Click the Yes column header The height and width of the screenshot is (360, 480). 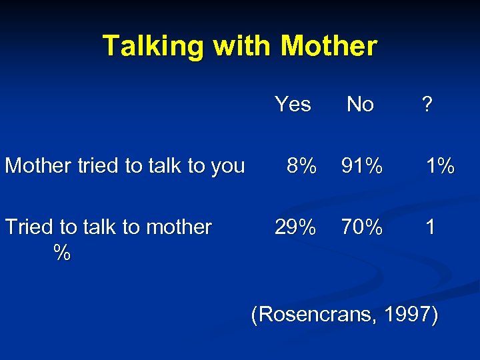point(293,104)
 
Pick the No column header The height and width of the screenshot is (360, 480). point(360,104)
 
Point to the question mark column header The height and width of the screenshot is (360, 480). point(427,104)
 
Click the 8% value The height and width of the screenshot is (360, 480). point(300,165)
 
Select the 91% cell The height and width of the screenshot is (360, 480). point(361,165)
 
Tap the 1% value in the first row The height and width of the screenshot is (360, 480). point(441,165)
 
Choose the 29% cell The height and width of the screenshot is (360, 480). point(295,227)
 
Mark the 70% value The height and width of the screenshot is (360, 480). point(361,227)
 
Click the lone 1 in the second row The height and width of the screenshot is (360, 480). point(431,227)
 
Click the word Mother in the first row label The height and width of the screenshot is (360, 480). point(38,165)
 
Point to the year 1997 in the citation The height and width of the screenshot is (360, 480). point(411,313)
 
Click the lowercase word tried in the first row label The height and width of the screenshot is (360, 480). point(99,165)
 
